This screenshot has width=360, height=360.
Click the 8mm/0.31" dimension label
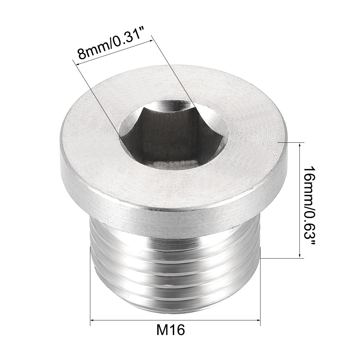pos(115,46)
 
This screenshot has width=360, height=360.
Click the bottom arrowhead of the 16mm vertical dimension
pos(299,256)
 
